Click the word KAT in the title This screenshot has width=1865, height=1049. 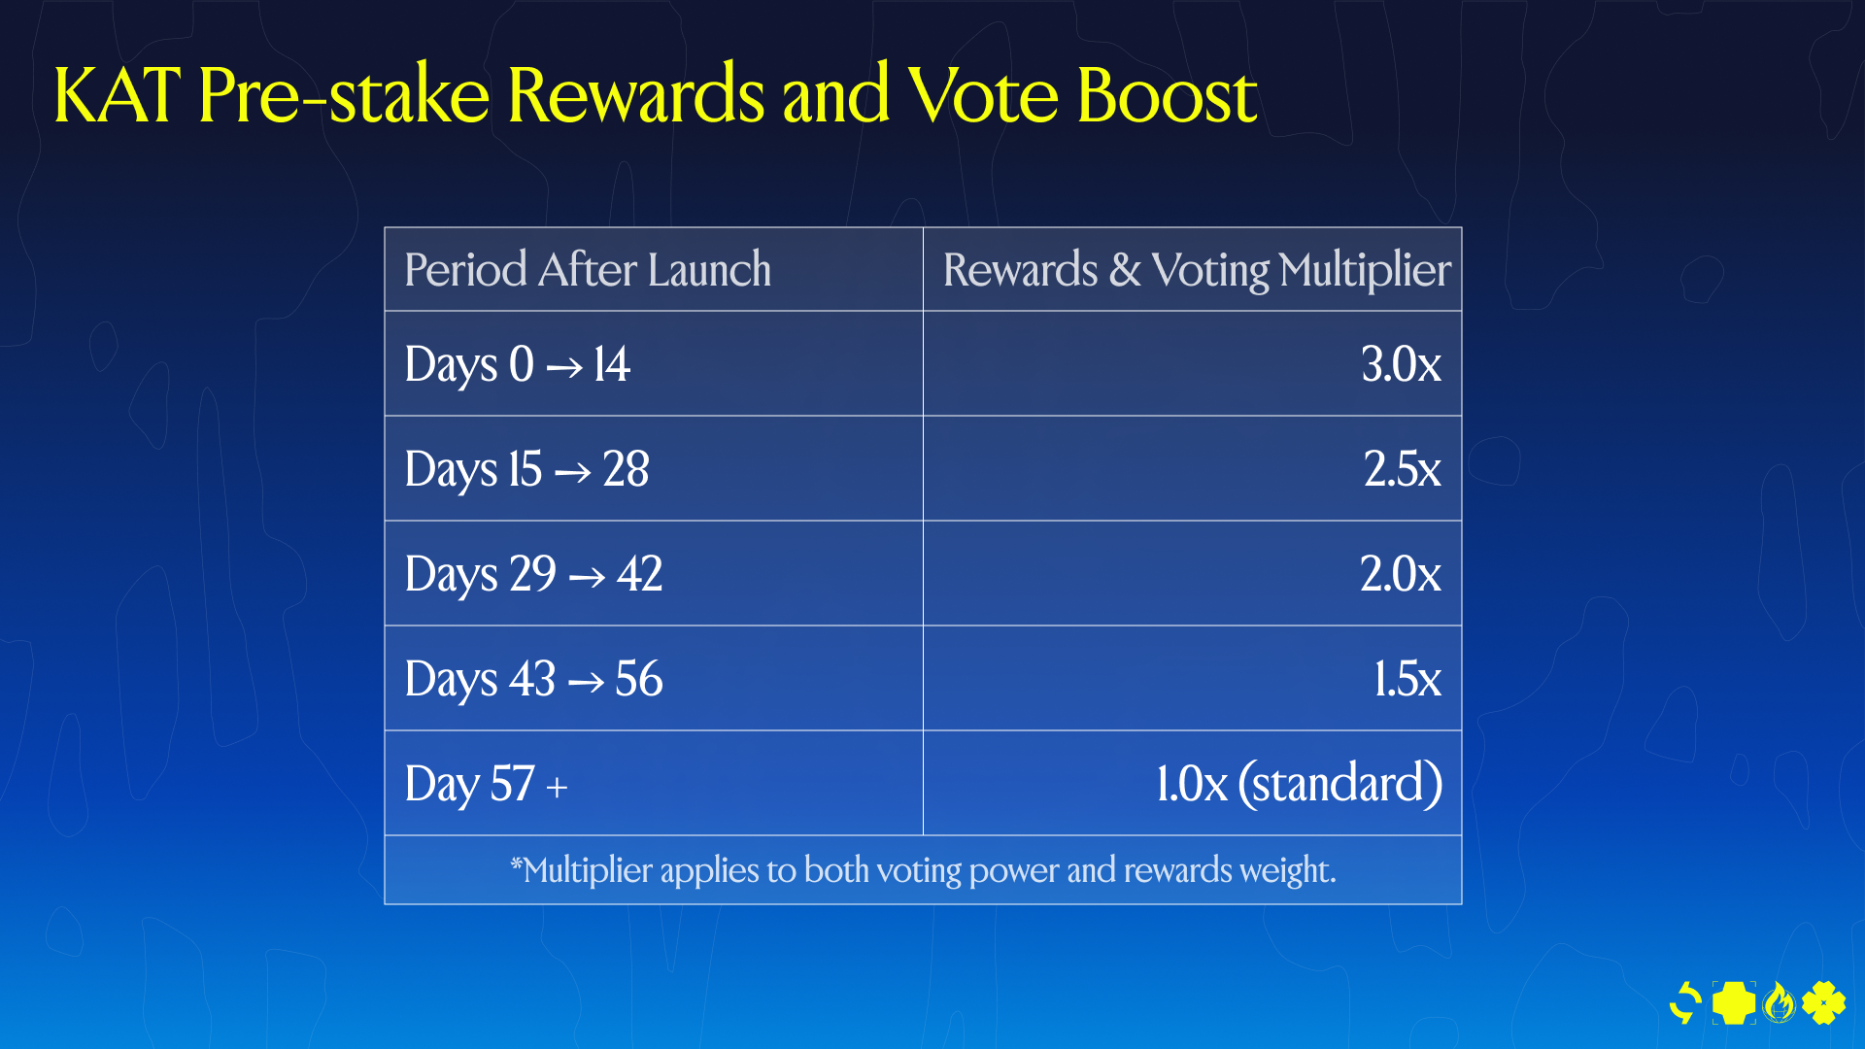point(118,95)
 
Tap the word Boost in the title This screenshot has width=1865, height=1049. point(1168,95)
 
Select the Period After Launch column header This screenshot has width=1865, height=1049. point(588,269)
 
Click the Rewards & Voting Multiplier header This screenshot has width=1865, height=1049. point(1197,270)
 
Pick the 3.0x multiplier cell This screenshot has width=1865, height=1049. point(1401,364)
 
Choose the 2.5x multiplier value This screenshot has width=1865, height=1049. point(1402,469)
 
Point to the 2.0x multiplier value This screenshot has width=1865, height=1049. point(1400,574)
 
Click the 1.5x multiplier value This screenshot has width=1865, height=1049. point(1407,679)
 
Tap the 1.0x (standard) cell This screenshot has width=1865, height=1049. point(1299,784)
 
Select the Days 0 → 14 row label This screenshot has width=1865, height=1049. point(518,365)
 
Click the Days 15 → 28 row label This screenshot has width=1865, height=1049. point(526,470)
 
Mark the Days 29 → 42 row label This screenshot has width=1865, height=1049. point(533,575)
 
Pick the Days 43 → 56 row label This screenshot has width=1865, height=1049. point(533,680)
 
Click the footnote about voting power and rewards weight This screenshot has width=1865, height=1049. point(924,870)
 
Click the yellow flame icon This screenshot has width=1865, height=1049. point(1779,1002)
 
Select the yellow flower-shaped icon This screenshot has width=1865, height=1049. point(1823,1002)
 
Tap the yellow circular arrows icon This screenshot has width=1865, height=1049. point(1685,1003)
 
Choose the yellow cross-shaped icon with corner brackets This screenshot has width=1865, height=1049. point(1734,1002)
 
